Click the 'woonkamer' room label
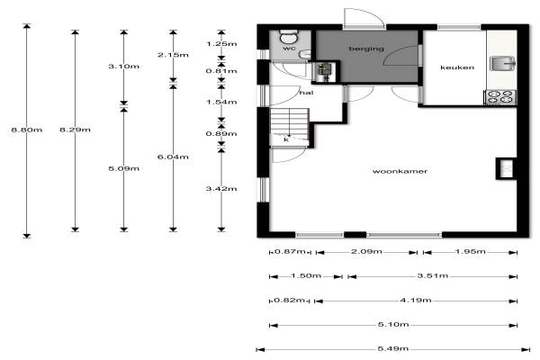(x=400, y=171)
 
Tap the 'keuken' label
(x=457, y=67)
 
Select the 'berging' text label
(x=366, y=49)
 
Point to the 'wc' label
(x=289, y=49)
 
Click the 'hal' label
(x=306, y=93)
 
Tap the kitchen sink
(x=502, y=63)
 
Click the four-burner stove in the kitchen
(x=500, y=97)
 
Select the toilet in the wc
(x=289, y=36)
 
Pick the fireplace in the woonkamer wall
(x=506, y=168)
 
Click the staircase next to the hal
(x=289, y=126)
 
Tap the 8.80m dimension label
(x=26, y=130)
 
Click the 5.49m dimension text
(x=393, y=348)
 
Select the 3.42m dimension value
(x=221, y=188)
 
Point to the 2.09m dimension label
(x=366, y=251)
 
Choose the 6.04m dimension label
(x=173, y=157)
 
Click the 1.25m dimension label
(x=221, y=44)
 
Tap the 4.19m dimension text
(x=416, y=300)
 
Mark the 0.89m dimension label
(x=221, y=134)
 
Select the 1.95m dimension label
(x=470, y=251)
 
